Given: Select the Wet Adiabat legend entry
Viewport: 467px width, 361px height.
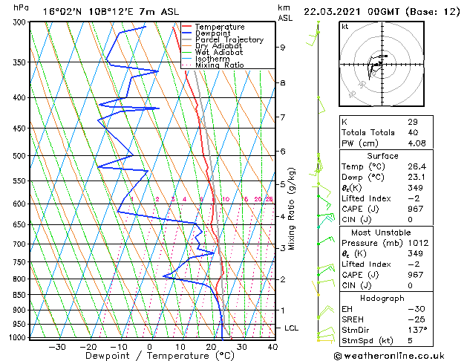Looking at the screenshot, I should coord(219,52).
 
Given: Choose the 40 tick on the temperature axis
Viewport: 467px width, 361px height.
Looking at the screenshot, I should coord(272,346).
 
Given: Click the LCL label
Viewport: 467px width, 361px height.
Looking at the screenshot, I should coord(293,328).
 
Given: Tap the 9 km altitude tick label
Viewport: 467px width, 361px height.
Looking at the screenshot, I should coord(283,48).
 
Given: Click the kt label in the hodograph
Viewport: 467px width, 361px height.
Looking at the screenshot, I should coord(345,26).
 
